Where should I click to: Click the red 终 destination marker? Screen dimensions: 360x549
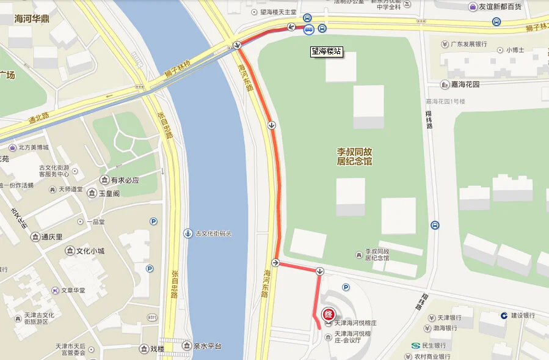click(328, 315)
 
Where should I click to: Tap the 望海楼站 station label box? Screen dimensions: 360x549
click(326, 52)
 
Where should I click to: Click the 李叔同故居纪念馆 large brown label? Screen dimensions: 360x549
click(355, 156)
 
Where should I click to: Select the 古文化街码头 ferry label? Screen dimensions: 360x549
click(213, 233)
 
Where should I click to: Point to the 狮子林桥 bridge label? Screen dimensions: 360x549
click(178, 70)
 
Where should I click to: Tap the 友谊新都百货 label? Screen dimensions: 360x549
click(500, 7)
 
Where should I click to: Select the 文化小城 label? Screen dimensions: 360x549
click(90, 251)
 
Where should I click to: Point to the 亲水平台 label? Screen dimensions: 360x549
click(206, 347)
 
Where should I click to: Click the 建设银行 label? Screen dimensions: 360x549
click(522, 315)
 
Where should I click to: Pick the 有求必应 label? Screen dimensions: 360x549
click(125, 180)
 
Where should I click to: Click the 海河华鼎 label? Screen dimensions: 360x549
click(32, 19)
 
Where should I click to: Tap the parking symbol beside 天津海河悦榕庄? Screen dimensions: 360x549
click(346, 287)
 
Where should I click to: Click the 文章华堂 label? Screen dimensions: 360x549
click(73, 290)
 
